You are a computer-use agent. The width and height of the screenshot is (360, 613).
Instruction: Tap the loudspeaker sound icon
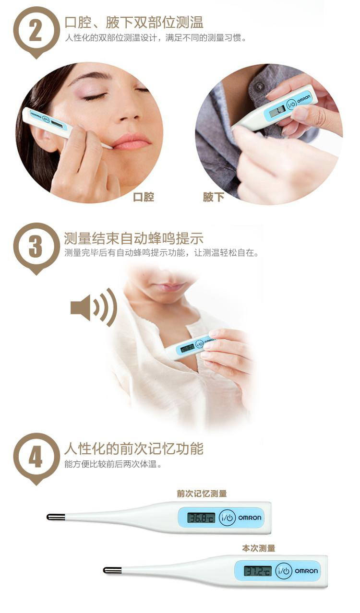click(x=94, y=307)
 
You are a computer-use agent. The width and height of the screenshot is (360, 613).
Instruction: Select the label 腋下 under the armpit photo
click(x=213, y=197)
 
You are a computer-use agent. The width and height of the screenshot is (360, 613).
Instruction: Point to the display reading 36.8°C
click(x=201, y=518)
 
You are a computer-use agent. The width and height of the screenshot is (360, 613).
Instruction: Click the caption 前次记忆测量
click(x=202, y=494)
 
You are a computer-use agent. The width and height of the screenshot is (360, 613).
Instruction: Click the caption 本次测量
click(x=259, y=548)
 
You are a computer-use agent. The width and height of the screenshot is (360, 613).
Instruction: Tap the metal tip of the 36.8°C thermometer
click(x=56, y=517)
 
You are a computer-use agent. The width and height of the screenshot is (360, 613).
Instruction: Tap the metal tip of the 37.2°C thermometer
click(x=112, y=570)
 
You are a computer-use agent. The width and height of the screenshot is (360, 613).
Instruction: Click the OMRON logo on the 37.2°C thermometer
click(x=306, y=571)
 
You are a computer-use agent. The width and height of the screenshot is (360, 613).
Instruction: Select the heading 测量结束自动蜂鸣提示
click(x=134, y=238)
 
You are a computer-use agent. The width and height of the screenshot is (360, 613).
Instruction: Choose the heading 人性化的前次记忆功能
click(x=134, y=449)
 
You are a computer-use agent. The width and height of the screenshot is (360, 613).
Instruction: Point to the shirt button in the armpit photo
click(x=260, y=87)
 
